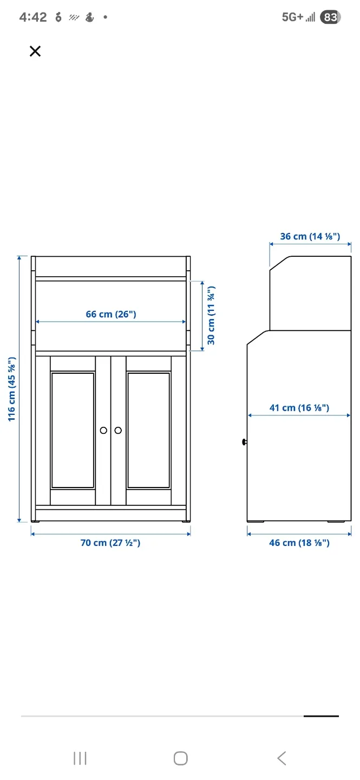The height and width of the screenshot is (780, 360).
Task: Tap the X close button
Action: click(x=35, y=51)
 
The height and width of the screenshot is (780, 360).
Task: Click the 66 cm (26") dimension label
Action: click(x=110, y=314)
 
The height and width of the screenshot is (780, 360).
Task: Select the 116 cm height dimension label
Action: click(x=12, y=388)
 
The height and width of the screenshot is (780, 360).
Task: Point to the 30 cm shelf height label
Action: click(x=211, y=315)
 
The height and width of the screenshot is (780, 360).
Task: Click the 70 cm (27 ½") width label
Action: click(x=110, y=543)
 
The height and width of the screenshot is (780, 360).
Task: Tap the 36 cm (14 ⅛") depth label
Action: click(x=310, y=236)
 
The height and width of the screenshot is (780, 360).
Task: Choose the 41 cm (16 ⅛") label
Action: click(x=299, y=407)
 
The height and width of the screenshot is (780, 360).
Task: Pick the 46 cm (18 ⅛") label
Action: click(x=299, y=543)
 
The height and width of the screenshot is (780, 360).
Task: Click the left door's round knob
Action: click(x=103, y=430)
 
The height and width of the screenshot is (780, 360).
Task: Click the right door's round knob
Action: click(x=118, y=430)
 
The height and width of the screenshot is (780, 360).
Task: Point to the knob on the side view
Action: click(x=244, y=443)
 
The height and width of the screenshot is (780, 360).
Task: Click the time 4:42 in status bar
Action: click(x=33, y=17)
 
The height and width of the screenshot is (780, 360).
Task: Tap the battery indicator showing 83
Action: click(x=330, y=17)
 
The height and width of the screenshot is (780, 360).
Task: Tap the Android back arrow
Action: click(x=282, y=758)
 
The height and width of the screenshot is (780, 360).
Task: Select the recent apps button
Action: click(x=80, y=758)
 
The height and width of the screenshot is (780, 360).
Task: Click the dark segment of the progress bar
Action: click(x=321, y=716)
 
